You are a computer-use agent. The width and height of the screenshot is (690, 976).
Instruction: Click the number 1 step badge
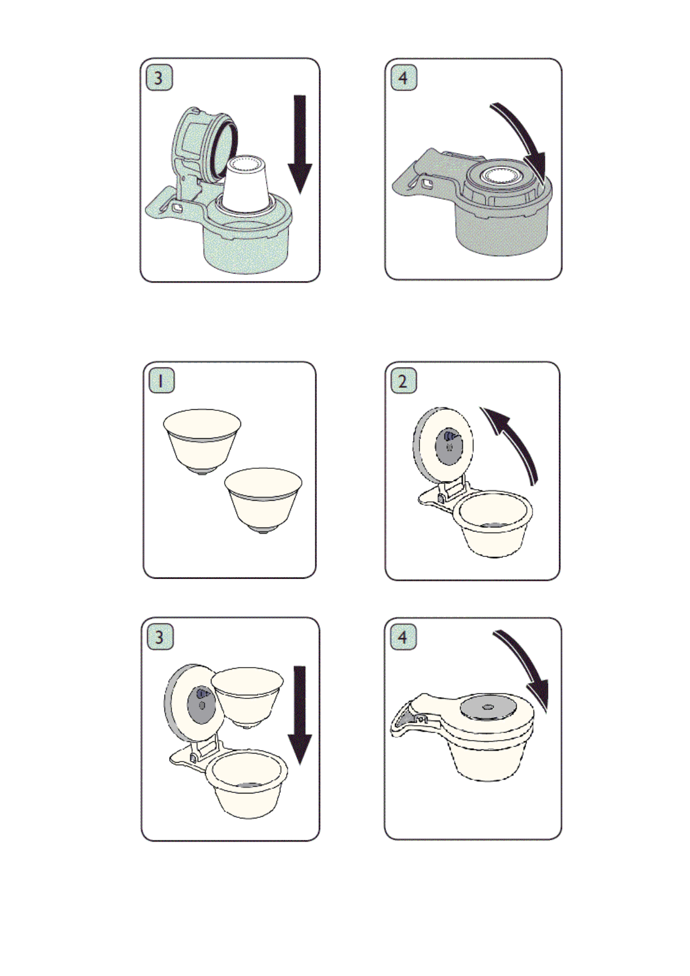pos(161,380)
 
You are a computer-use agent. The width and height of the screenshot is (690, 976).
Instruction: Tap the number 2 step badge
pos(403,380)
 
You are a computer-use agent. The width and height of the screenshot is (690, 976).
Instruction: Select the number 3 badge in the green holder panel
pos(159,78)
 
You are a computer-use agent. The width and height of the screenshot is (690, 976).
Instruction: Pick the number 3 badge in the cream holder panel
pos(160,636)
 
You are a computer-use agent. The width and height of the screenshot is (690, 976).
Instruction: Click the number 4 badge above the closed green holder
pos(404,78)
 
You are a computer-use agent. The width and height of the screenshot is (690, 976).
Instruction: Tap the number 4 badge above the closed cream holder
pos(403,636)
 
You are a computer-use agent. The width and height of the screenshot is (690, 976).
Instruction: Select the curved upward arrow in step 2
pos(516,440)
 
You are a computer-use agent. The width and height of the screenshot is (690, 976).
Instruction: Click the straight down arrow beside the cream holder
pos(300,717)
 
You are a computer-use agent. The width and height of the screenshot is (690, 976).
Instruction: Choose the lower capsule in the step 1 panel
pos(263,501)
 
